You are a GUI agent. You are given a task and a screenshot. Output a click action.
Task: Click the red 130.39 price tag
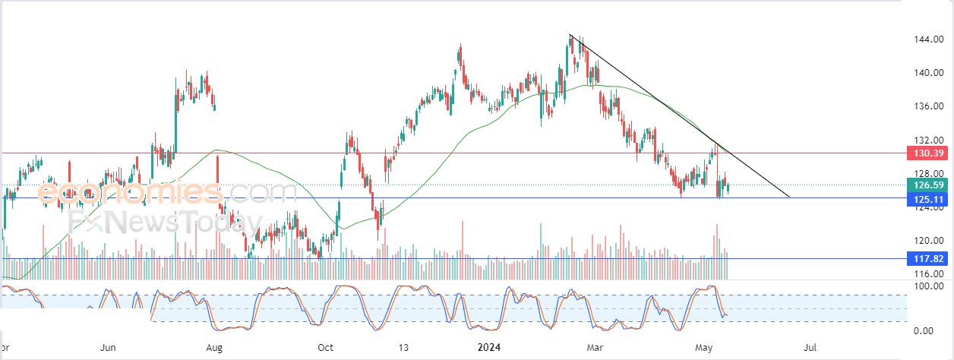(x=927, y=153)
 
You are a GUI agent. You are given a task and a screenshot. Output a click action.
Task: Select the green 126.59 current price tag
(x=927, y=185)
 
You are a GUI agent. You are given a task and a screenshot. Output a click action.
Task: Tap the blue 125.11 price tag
(x=927, y=200)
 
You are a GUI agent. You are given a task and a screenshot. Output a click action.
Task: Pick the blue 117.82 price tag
(x=927, y=258)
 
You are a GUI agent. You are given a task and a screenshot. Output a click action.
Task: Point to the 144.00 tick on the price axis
(x=928, y=39)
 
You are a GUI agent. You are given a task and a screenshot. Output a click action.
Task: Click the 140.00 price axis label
(x=928, y=73)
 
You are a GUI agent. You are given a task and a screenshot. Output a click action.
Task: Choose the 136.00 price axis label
(x=928, y=106)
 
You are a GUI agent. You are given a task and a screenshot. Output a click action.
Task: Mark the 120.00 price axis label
(x=928, y=241)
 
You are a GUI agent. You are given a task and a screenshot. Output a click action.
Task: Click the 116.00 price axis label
(x=928, y=274)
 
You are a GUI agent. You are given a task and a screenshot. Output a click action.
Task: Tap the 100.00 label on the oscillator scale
(x=928, y=286)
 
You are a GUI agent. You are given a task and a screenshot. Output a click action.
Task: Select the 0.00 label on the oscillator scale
(x=924, y=331)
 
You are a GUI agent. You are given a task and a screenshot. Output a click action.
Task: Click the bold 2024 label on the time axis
(x=489, y=348)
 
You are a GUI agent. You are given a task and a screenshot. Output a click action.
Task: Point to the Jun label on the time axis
(x=108, y=348)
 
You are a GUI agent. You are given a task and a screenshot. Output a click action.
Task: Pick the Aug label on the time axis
(x=213, y=348)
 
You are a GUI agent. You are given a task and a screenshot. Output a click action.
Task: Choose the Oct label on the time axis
(x=325, y=348)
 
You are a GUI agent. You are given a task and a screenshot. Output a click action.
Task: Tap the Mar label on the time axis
(x=595, y=348)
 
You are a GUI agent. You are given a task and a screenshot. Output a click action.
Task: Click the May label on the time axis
(x=703, y=348)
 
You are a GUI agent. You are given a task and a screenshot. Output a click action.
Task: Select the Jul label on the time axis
(x=810, y=348)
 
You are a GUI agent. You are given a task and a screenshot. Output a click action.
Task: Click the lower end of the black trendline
(x=789, y=197)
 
